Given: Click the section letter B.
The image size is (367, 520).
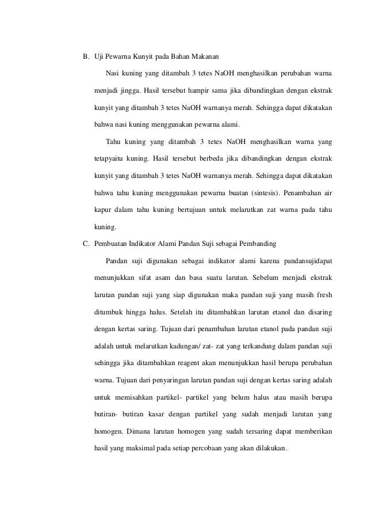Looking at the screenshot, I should (86, 58).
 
